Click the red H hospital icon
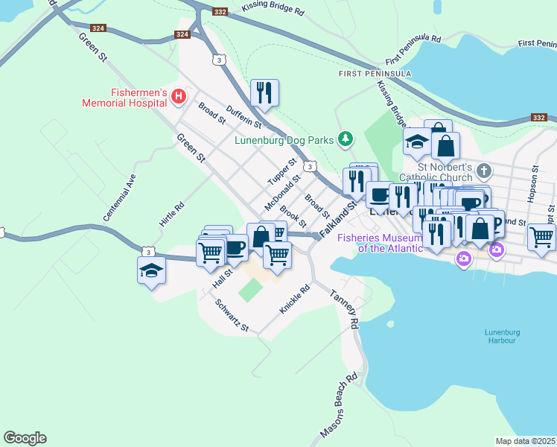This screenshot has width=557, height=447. (x=179, y=96)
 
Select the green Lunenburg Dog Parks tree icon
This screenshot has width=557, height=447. (x=345, y=139)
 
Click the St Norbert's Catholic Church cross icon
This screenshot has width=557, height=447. (x=483, y=171)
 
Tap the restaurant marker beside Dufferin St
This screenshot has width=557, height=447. (x=264, y=93)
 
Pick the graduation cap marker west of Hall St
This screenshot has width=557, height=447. (x=151, y=270)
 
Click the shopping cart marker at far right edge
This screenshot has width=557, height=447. (x=541, y=238)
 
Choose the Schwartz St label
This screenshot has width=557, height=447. (x=232, y=316)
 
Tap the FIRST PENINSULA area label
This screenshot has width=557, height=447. (x=365, y=74)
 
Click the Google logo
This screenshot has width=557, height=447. (x=25, y=438)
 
